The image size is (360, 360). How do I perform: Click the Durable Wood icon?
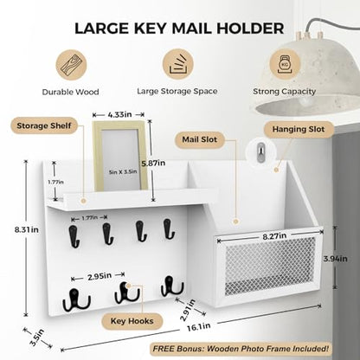click(x=71, y=65)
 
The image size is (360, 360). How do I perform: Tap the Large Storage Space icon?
click(x=177, y=64)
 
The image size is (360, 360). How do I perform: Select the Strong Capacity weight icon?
click(x=285, y=64)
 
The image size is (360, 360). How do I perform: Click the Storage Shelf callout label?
click(x=44, y=125)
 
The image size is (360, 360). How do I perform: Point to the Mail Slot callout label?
click(x=200, y=139)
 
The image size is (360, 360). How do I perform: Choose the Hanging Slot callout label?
click(x=299, y=129)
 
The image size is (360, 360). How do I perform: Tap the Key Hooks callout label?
click(x=132, y=321)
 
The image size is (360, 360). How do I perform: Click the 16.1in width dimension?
click(x=199, y=327)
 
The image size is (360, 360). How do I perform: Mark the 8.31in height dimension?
click(x=27, y=230)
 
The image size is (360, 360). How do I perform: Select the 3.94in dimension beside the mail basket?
click(x=335, y=259)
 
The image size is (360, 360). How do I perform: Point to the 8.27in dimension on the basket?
click(x=274, y=236)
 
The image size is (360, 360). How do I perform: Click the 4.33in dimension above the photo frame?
click(x=119, y=114)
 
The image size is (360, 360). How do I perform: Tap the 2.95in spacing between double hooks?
click(x=100, y=277)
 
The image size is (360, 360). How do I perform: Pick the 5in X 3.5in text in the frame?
click(x=123, y=172)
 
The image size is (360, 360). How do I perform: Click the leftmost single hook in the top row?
click(x=74, y=236)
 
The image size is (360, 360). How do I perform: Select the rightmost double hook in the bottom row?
click(x=172, y=286)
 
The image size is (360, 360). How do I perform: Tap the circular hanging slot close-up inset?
click(x=260, y=151)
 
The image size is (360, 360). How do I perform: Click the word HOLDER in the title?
click(x=250, y=29)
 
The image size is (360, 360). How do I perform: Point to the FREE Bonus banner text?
click(x=241, y=349)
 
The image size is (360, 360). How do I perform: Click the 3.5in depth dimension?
click(x=37, y=337)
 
